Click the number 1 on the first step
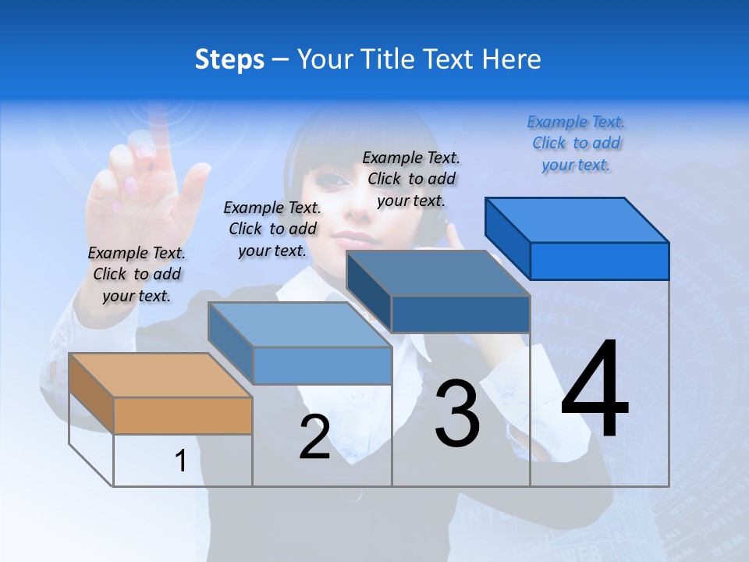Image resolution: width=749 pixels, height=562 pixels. (x=181, y=461)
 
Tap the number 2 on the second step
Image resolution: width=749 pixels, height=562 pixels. (x=314, y=437)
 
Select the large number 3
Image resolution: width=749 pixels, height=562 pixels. (x=456, y=414)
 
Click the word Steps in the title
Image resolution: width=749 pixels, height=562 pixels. (x=229, y=59)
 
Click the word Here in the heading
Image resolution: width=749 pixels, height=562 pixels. (x=511, y=59)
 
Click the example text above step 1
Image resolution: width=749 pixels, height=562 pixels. (x=137, y=274)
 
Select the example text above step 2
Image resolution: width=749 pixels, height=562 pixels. (x=272, y=229)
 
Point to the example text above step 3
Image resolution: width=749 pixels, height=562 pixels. (x=411, y=179)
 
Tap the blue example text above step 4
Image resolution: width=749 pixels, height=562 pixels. (x=576, y=143)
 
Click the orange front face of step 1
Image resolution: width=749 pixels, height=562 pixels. (x=183, y=415)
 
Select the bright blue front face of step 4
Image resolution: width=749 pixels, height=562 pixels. (x=599, y=261)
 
